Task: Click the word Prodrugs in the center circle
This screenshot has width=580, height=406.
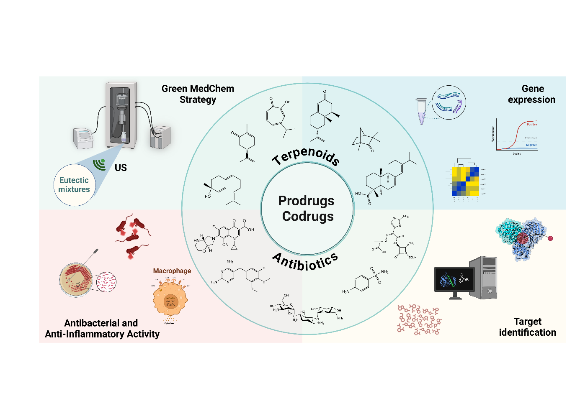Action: pyautogui.click(x=306, y=201)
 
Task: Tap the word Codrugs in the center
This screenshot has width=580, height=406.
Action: pyautogui.click(x=308, y=217)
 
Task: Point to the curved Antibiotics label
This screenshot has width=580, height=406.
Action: pyautogui.click(x=305, y=262)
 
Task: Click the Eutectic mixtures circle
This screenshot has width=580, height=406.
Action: pyautogui.click(x=75, y=185)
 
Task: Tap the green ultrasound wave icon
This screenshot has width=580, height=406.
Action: pyautogui.click(x=100, y=164)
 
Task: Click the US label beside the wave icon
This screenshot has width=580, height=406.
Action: pyautogui.click(x=121, y=168)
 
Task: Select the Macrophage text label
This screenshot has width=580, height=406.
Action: pyautogui.click(x=172, y=271)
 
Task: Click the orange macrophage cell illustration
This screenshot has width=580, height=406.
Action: pyautogui.click(x=170, y=299)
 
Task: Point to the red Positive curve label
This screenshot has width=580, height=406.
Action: pyautogui.click(x=531, y=124)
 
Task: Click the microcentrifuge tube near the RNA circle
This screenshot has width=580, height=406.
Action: pyautogui.click(x=421, y=111)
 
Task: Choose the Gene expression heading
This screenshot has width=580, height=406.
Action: pyautogui.click(x=532, y=94)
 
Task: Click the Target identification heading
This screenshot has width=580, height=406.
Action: pyautogui.click(x=527, y=327)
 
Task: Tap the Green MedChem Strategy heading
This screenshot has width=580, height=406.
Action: pyautogui.click(x=198, y=94)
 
